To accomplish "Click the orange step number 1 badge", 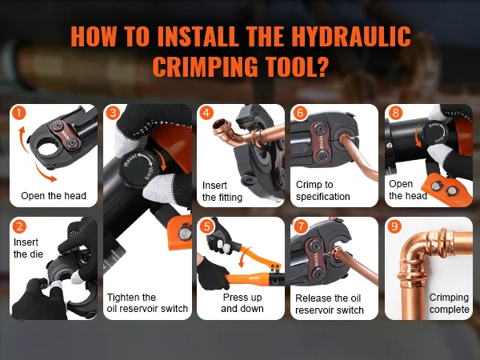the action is [x=19, y=114].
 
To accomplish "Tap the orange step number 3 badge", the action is [x=113, y=113].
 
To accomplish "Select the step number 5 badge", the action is [x=207, y=226].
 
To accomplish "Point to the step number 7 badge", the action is [x=301, y=226].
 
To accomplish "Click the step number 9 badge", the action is [x=394, y=226].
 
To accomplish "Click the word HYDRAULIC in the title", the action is [x=351, y=37].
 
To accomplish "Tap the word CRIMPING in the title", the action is [x=206, y=66].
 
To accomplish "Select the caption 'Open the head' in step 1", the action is [x=54, y=196].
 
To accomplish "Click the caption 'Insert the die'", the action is [x=28, y=248].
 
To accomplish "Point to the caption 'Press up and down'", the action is [x=242, y=302].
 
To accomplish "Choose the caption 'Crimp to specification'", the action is [x=322, y=190].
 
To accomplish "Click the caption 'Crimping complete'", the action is [x=449, y=303].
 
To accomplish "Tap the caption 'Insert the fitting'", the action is [x=222, y=191].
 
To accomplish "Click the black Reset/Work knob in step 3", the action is [x=137, y=168].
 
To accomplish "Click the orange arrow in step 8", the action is [x=418, y=135].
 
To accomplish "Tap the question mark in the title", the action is [x=319, y=66].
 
